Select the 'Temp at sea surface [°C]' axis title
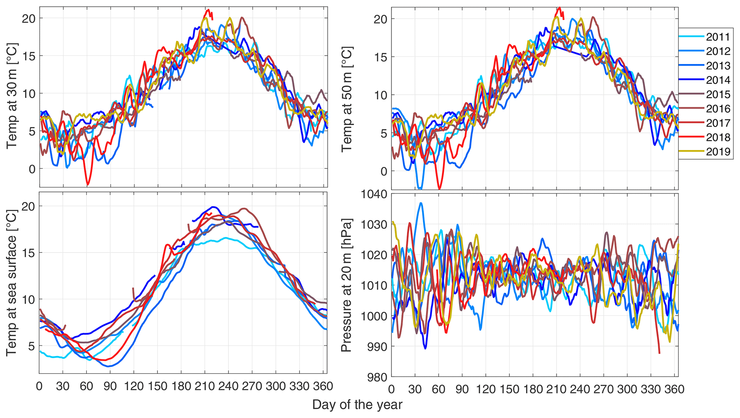pyautogui.click(x=12, y=283)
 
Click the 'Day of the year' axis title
pyautogui.click(x=357, y=405)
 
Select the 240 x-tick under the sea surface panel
pyautogui.click(x=228, y=386)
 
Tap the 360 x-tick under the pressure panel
pyautogui.click(x=674, y=389)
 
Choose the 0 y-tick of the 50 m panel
pyautogui.click(x=384, y=172)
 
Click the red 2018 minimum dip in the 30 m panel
pyautogui.click(x=88, y=184)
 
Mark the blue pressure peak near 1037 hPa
pyautogui.click(x=421, y=203)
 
